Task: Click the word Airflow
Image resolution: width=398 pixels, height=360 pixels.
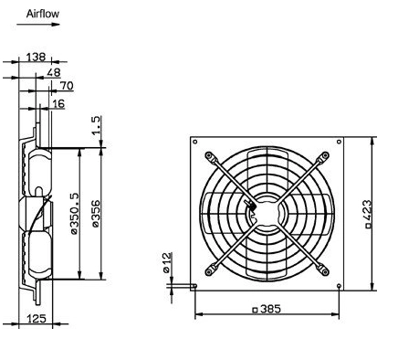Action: (x=43, y=14)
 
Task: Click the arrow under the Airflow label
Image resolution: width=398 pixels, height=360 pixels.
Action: (x=38, y=25)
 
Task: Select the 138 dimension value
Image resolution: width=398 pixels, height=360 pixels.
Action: (x=36, y=57)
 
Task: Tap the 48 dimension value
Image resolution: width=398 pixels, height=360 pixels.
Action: (x=54, y=72)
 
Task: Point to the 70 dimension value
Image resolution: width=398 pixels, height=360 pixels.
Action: (x=67, y=86)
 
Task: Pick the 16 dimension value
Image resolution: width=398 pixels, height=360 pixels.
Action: (x=58, y=104)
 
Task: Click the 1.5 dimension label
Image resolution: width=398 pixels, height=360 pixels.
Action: (x=96, y=125)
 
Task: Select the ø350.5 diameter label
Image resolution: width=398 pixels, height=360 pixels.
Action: (x=75, y=214)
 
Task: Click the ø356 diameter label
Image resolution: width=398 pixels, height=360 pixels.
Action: (x=96, y=214)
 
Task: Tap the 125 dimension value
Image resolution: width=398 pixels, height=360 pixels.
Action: (x=37, y=319)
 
